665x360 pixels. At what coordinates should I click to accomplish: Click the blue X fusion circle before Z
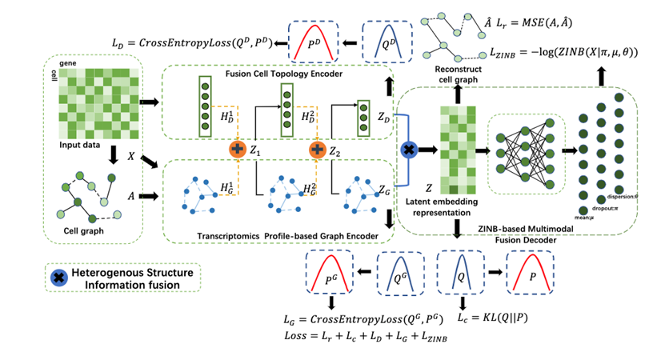point(410,150)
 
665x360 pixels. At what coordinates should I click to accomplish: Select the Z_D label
point(385,119)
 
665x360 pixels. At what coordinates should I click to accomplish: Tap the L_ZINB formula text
point(565,51)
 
